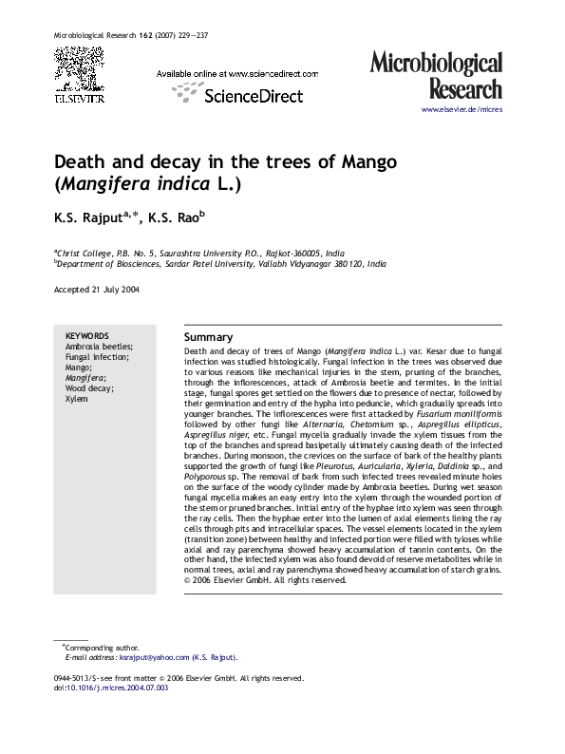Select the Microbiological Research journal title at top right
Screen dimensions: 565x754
pos(448,76)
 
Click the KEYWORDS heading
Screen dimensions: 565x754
pos(86,336)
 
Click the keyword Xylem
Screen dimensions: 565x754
pos(76,399)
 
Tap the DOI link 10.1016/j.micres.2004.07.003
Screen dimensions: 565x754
pos(118,688)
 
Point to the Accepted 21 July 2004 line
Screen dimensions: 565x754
pos(97,290)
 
